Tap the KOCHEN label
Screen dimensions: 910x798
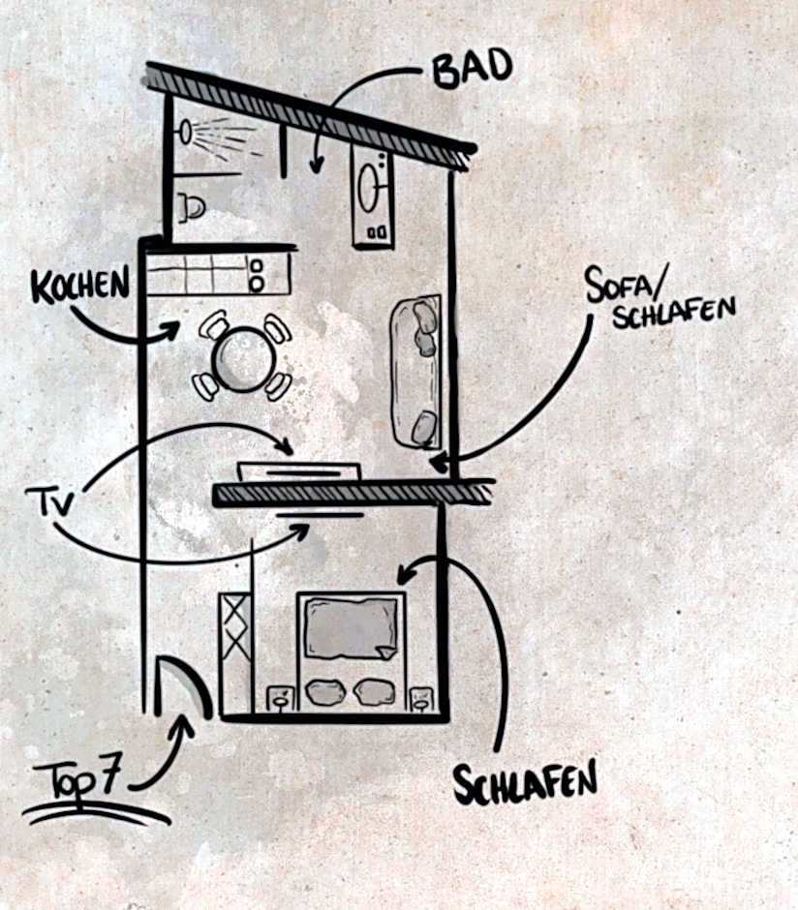click(79, 287)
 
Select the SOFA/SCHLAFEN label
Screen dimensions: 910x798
click(660, 295)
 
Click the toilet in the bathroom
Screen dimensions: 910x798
click(191, 205)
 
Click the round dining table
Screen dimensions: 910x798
click(242, 358)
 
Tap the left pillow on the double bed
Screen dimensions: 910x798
click(324, 692)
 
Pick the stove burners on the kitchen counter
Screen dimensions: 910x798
click(257, 274)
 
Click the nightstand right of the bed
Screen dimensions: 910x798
click(421, 698)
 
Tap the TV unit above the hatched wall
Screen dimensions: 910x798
click(299, 471)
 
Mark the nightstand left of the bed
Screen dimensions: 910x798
click(279, 698)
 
